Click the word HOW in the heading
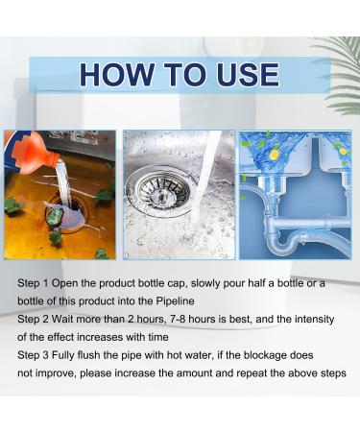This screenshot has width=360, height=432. (x=117, y=75)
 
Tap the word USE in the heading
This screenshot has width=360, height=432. (x=247, y=75)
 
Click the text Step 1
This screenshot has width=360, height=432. (x=33, y=283)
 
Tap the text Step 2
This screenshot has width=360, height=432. (x=33, y=320)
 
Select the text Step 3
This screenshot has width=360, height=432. (x=33, y=355)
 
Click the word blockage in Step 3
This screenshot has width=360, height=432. (x=265, y=355)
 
